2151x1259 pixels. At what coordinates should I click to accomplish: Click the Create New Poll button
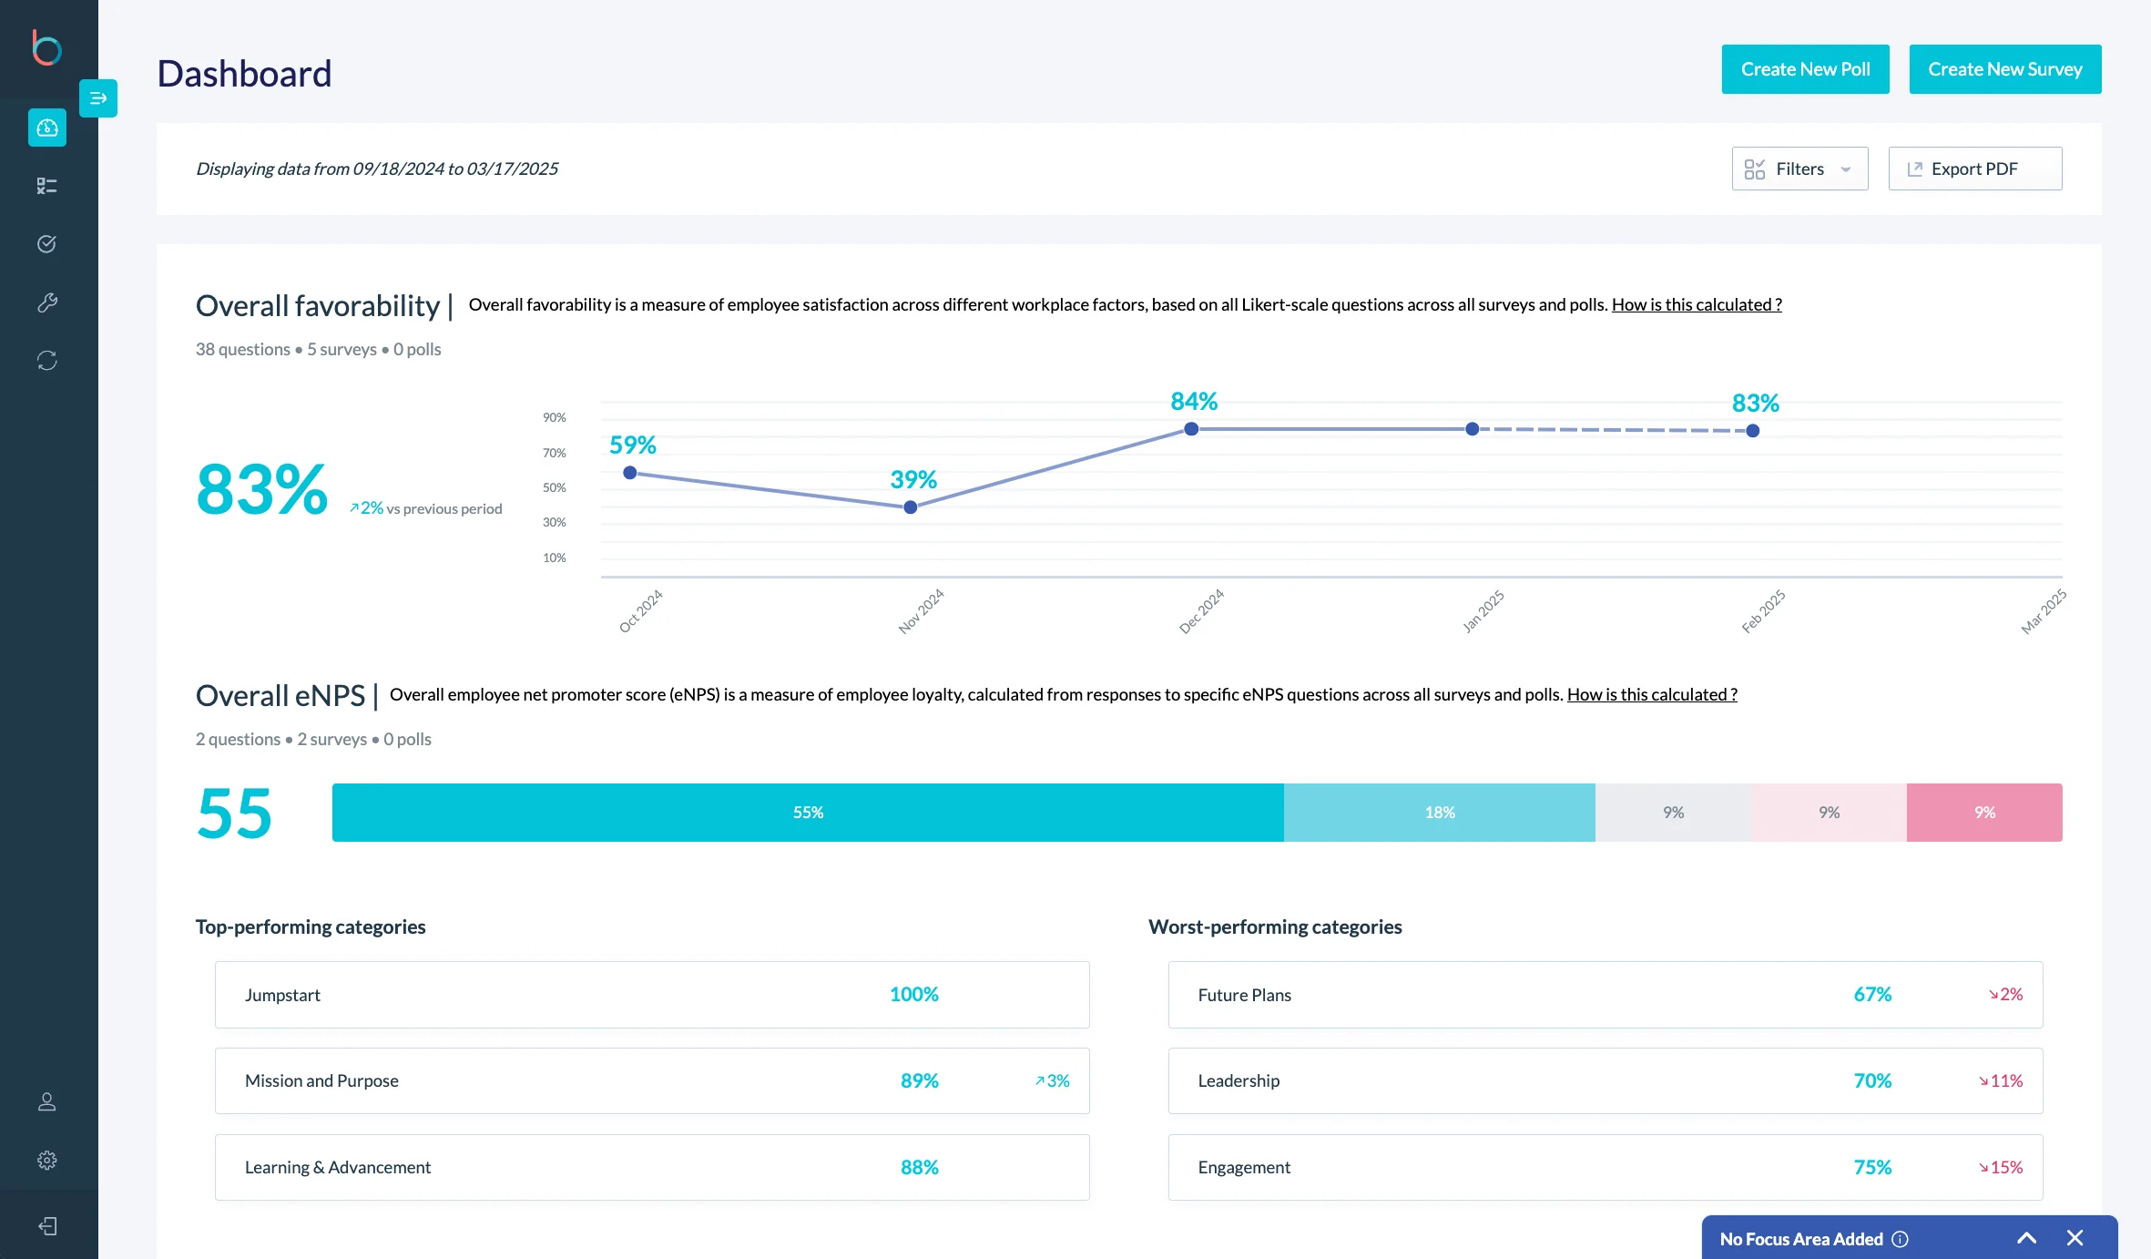point(1805,69)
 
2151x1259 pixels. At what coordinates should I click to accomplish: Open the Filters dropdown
point(1799,169)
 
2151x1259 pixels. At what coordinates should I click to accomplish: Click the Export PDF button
point(1974,169)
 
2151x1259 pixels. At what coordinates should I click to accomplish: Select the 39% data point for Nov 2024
point(910,507)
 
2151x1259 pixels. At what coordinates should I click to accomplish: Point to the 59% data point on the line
point(629,473)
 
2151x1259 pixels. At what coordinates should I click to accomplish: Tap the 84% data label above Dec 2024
point(1193,402)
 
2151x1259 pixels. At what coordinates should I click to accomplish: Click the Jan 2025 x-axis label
point(1483,610)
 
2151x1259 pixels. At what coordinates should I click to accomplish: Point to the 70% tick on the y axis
point(554,453)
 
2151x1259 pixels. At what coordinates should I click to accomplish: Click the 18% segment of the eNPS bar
point(1439,813)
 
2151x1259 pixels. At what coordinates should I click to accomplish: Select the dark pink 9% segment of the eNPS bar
point(1984,813)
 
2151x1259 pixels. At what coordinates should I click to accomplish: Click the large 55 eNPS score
point(234,814)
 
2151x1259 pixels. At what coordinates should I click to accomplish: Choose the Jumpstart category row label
point(282,995)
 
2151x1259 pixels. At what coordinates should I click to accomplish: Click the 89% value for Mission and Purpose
point(919,1080)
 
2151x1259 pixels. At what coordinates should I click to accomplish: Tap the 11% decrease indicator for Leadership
point(2001,1080)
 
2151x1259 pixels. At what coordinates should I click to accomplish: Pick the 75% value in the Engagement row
point(1872,1167)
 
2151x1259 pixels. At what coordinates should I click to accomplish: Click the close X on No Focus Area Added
point(2075,1238)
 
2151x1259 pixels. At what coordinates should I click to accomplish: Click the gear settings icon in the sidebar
point(47,1160)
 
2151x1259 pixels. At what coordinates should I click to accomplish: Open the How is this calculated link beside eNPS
point(1651,694)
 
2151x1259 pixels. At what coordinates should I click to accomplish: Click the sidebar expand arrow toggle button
point(98,98)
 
